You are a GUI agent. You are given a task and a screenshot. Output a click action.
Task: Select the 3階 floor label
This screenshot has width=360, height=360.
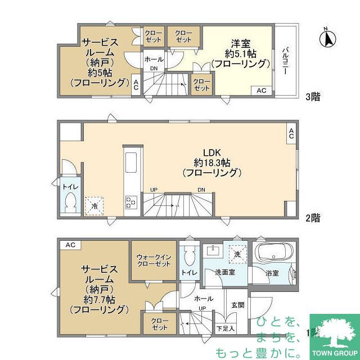coord(313,97)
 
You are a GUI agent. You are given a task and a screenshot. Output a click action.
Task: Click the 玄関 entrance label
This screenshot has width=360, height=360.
coord(237,305)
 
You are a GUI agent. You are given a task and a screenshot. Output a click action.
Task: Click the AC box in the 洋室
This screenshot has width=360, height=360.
coord(262,91)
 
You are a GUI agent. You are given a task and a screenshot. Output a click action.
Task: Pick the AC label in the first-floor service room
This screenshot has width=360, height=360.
coord(70,245)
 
